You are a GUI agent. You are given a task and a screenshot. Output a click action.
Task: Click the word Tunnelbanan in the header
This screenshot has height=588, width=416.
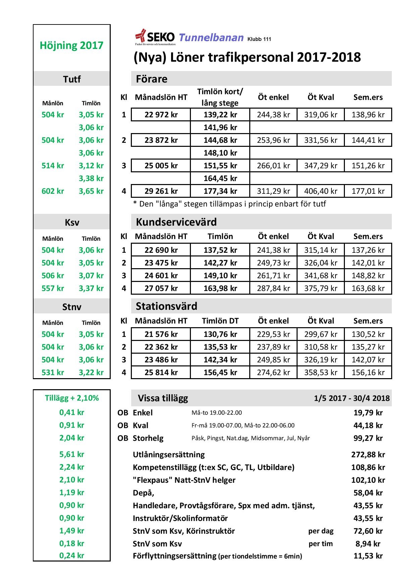[x=211, y=38]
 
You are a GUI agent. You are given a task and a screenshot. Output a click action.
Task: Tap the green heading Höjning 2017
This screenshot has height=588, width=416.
[x=71, y=45]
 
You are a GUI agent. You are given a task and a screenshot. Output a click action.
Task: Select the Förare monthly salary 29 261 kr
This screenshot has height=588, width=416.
[x=161, y=191]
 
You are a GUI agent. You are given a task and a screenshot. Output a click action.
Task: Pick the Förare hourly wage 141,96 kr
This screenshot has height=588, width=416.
[x=220, y=127]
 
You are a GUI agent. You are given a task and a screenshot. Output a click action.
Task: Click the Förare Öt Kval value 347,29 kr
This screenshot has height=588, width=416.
[x=321, y=166]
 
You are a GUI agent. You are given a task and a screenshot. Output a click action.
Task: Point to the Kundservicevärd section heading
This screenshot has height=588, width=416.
[x=176, y=222]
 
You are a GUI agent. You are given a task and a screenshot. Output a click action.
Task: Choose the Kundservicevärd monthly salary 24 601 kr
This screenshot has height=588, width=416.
[x=161, y=276]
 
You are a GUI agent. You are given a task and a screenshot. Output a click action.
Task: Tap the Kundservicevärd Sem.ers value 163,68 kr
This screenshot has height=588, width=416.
[x=368, y=288]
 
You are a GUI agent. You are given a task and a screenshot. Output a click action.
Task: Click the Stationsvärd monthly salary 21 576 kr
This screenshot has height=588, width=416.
[x=161, y=334]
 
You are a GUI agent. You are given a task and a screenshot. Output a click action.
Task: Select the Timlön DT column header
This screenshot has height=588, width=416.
[x=220, y=321]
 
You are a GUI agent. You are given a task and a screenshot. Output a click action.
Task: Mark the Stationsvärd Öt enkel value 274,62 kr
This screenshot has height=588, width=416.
[x=273, y=372]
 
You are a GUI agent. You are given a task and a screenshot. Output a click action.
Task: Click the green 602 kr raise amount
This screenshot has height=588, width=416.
[x=53, y=191]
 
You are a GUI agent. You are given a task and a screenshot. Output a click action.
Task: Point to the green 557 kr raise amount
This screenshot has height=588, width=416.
[x=53, y=288]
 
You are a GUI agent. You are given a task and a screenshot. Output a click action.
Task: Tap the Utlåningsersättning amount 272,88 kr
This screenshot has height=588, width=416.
[x=368, y=455]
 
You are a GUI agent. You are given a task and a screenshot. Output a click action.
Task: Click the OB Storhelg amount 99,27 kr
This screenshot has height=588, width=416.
[x=368, y=438]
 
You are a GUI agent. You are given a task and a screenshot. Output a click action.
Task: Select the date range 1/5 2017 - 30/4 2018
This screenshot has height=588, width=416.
[x=352, y=398]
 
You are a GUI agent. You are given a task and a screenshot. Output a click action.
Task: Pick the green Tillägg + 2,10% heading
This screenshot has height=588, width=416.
[x=72, y=398]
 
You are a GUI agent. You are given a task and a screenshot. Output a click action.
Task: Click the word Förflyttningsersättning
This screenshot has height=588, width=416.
[x=174, y=556]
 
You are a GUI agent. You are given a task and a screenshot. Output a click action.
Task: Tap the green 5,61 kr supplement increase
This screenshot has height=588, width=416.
[x=72, y=454]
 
